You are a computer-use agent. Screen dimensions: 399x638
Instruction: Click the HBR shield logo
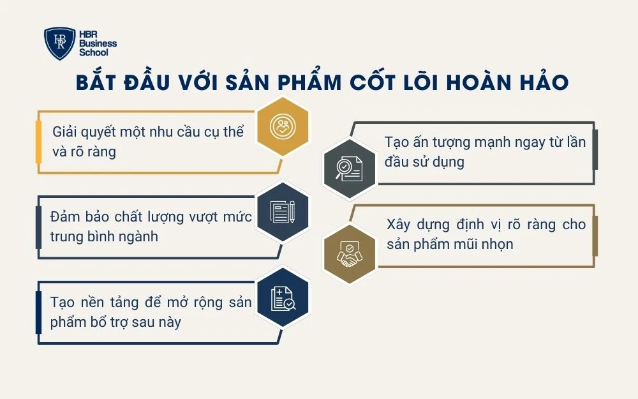(x=60, y=43)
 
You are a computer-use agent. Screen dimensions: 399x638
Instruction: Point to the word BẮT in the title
(x=96, y=84)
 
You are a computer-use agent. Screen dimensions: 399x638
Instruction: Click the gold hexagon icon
(x=282, y=126)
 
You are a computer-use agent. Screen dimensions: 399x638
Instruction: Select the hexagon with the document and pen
(x=282, y=212)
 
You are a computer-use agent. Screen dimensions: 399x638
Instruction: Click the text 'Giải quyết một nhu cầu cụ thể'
(x=148, y=132)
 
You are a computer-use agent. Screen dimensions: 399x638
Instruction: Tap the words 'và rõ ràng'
(x=84, y=153)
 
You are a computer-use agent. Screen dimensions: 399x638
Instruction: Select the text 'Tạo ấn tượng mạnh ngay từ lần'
(x=485, y=142)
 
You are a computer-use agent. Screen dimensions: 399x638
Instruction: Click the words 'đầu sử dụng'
(x=424, y=162)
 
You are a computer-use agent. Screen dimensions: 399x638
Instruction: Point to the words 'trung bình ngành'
(x=104, y=237)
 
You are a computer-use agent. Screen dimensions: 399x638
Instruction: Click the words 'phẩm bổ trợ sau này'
(x=115, y=322)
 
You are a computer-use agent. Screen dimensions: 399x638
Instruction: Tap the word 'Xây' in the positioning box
(x=399, y=225)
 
